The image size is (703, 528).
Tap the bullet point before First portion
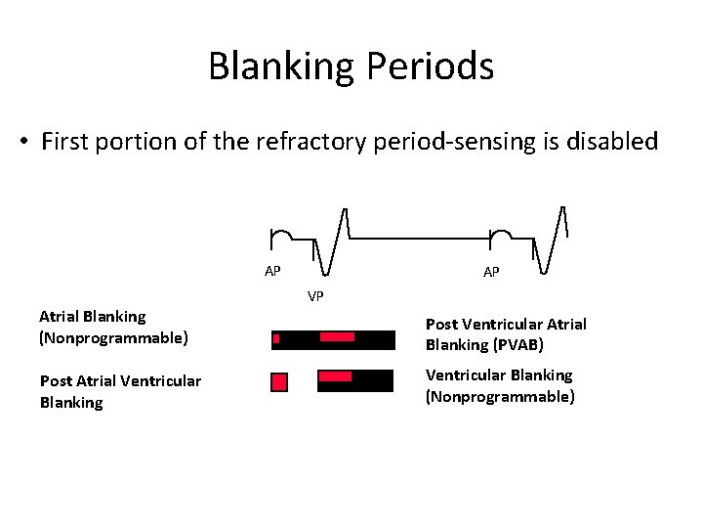pyautogui.click(x=22, y=142)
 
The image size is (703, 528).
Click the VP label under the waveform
pyautogui.click(x=315, y=295)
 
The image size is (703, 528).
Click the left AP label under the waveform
pyautogui.click(x=273, y=271)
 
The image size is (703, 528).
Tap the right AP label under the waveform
pyautogui.click(x=491, y=272)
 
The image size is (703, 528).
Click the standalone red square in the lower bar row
pyautogui.click(x=279, y=381)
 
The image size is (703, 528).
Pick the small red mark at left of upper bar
pyautogui.click(x=276, y=339)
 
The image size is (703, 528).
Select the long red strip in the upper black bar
pyautogui.click(x=337, y=337)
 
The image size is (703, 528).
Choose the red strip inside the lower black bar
pyautogui.click(x=336, y=376)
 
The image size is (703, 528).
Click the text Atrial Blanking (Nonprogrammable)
pyautogui.click(x=113, y=327)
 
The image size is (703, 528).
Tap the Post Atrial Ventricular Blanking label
pyautogui.click(x=120, y=391)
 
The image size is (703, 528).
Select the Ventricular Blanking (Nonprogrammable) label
pyautogui.click(x=500, y=385)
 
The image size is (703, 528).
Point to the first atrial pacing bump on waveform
pyautogui.click(x=280, y=236)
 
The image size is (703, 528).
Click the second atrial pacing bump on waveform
pyautogui.click(x=500, y=236)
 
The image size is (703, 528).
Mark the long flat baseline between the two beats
pyautogui.click(x=420, y=238)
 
